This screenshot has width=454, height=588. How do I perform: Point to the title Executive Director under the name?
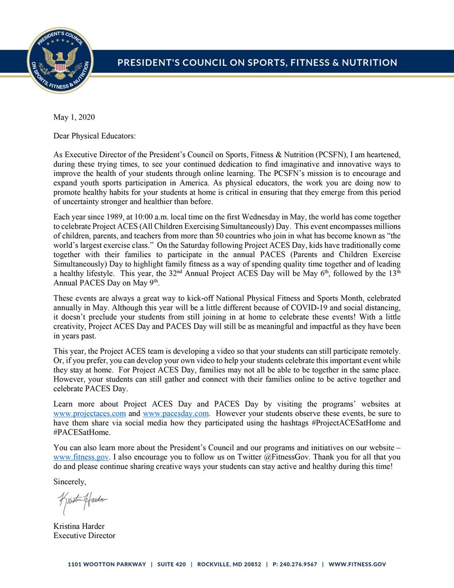(x=84, y=536)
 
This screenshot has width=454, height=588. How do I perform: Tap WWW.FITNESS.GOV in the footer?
(x=357, y=564)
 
